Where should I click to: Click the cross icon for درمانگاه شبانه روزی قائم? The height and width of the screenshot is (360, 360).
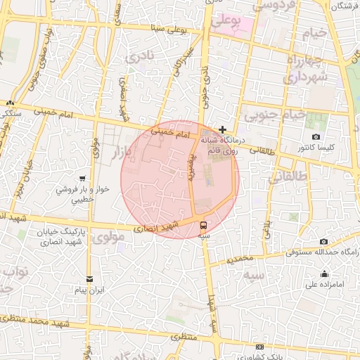(x=223, y=129)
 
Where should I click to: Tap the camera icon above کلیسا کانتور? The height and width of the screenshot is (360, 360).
(x=316, y=136)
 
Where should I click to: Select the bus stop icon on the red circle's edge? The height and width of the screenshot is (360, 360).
(x=203, y=226)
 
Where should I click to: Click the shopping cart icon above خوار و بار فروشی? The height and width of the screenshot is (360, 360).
(x=84, y=178)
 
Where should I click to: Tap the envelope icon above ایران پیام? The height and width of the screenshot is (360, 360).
(x=89, y=279)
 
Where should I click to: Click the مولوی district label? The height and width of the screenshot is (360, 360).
(x=112, y=237)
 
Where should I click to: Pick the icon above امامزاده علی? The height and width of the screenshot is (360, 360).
(x=324, y=274)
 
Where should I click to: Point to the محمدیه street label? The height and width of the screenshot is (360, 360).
(x=239, y=258)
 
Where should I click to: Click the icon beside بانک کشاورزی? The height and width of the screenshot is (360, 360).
(x=260, y=347)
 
